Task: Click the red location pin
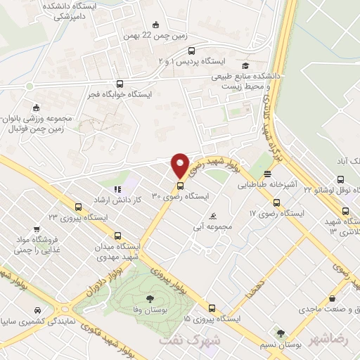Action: click(180, 165)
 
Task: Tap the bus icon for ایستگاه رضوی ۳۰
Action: click(180, 186)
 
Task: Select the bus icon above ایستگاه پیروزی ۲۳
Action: click(78, 207)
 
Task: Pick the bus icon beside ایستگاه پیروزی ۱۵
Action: click(212, 307)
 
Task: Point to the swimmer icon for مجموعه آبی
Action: click(214, 215)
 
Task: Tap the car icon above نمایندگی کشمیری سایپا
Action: click(35, 309)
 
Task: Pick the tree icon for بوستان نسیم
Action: click(281, 334)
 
